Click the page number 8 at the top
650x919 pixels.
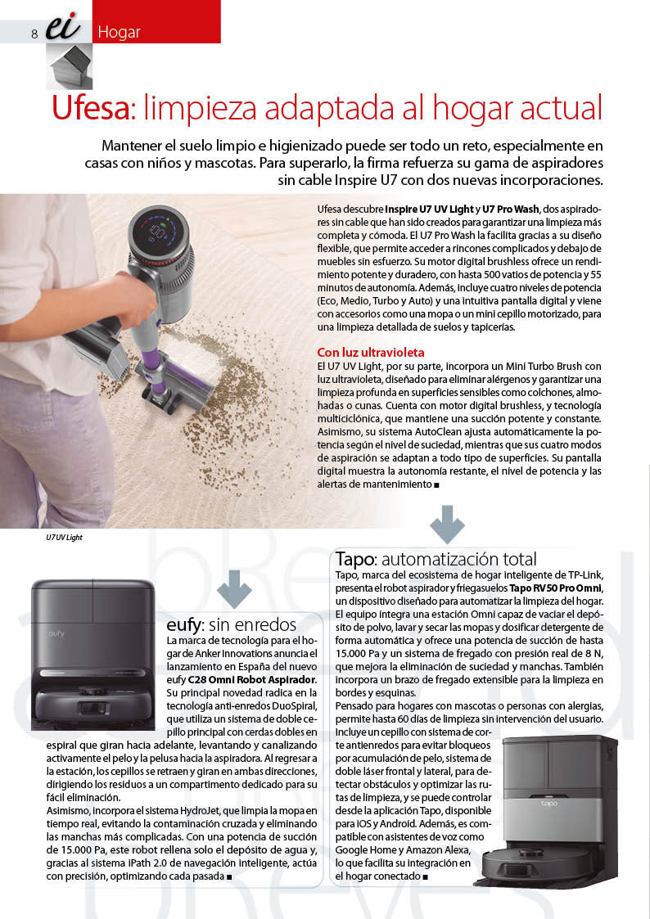pyautogui.click(x=34, y=34)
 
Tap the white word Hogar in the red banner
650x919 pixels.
pyautogui.click(x=119, y=33)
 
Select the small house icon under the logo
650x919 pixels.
pyautogui.click(x=69, y=65)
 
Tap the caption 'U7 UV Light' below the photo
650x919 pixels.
pyautogui.click(x=64, y=538)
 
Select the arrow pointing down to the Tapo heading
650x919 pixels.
pyautogui.click(x=446, y=525)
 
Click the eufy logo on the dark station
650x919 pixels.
pyautogui.click(x=56, y=633)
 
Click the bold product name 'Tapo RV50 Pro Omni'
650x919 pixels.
pyautogui.click(x=556, y=588)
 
